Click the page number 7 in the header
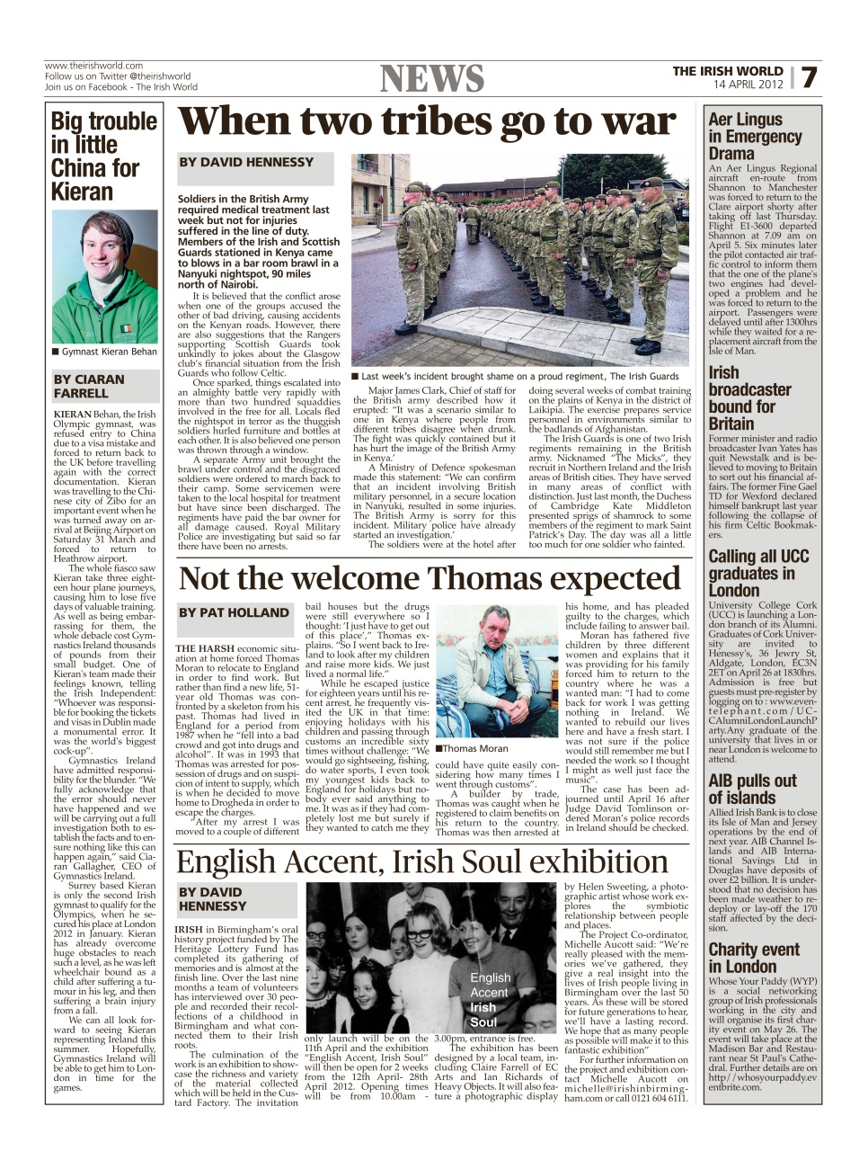click(809, 78)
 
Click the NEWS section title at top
click(432, 79)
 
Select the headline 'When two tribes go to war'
click(427, 122)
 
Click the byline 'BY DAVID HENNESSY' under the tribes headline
click(246, 163)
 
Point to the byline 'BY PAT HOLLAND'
click(234, 612)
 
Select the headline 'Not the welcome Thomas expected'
click(430, 578)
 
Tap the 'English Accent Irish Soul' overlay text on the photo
click(490, 999)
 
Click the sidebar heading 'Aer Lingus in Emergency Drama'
click(755, 136)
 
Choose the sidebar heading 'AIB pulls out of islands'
click(752, 789)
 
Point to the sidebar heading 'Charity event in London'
click(753, 958)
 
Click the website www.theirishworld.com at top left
click(93, 66)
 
